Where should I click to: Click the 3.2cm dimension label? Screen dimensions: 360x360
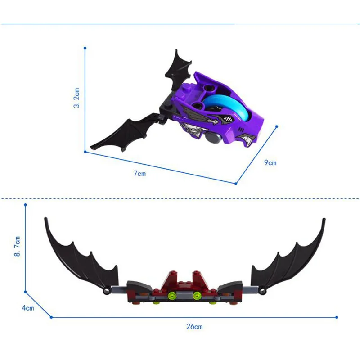[76, 98]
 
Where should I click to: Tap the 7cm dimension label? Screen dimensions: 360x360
[140, 173]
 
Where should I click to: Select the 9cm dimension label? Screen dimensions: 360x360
[270, 162]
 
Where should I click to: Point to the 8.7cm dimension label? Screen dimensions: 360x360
[17, 246]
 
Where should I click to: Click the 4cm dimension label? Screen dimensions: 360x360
[28, 308]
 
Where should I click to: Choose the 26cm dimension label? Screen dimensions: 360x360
[194, 327]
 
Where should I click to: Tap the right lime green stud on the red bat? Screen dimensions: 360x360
[197, 296]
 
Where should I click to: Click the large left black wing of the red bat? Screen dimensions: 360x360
[83, 260]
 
